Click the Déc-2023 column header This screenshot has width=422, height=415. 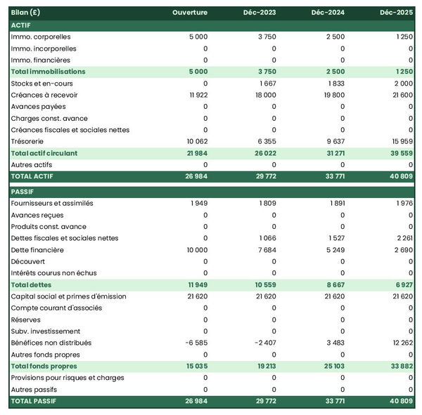tap(261, 13)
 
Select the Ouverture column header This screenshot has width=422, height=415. tap(190, 13)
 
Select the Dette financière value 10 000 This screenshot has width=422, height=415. tap(195, 250)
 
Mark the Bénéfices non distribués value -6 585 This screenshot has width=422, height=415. tap(195, 343)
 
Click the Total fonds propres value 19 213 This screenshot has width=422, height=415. tap(264, 367)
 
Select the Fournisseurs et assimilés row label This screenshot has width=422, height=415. tap(52, 204)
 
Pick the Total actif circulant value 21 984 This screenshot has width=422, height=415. tap(195, 153)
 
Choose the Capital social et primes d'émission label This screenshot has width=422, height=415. tap(69, 296)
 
